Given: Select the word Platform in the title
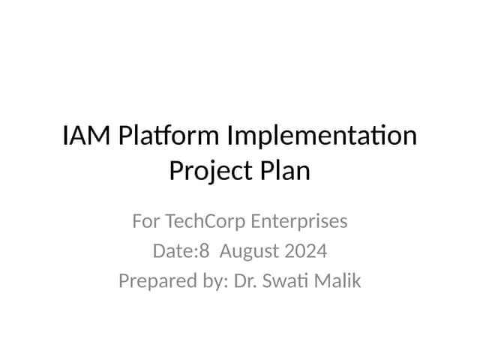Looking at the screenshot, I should [157, 136].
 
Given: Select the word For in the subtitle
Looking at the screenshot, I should [146, 222].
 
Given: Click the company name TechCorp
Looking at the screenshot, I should [205, 222].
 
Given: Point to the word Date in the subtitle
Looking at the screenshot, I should [172, 251].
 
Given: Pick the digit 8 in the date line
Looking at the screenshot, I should [203, 251].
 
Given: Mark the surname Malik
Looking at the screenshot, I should [339, 281].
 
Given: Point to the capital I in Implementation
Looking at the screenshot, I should [229, 136].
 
